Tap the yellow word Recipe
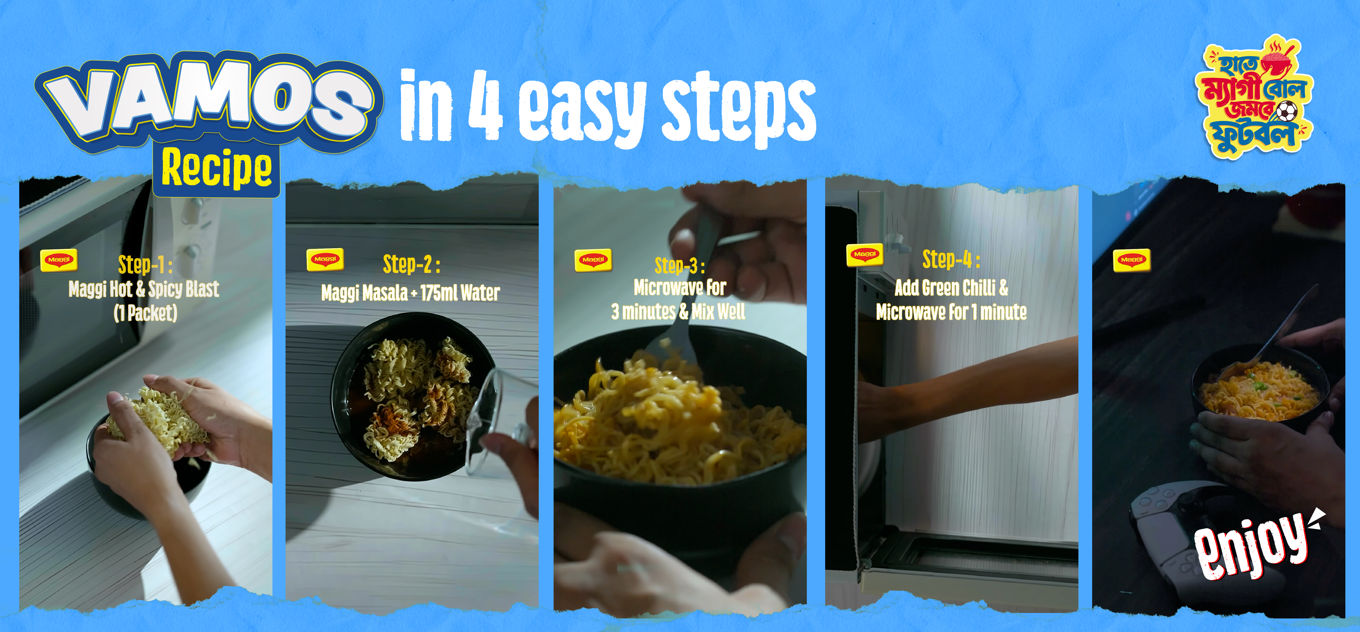click(x=217, y=168)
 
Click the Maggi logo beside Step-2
click(x=325, y=259)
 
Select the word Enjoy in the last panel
click(x=1251, y=549)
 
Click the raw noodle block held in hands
click(x=158, y=420)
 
